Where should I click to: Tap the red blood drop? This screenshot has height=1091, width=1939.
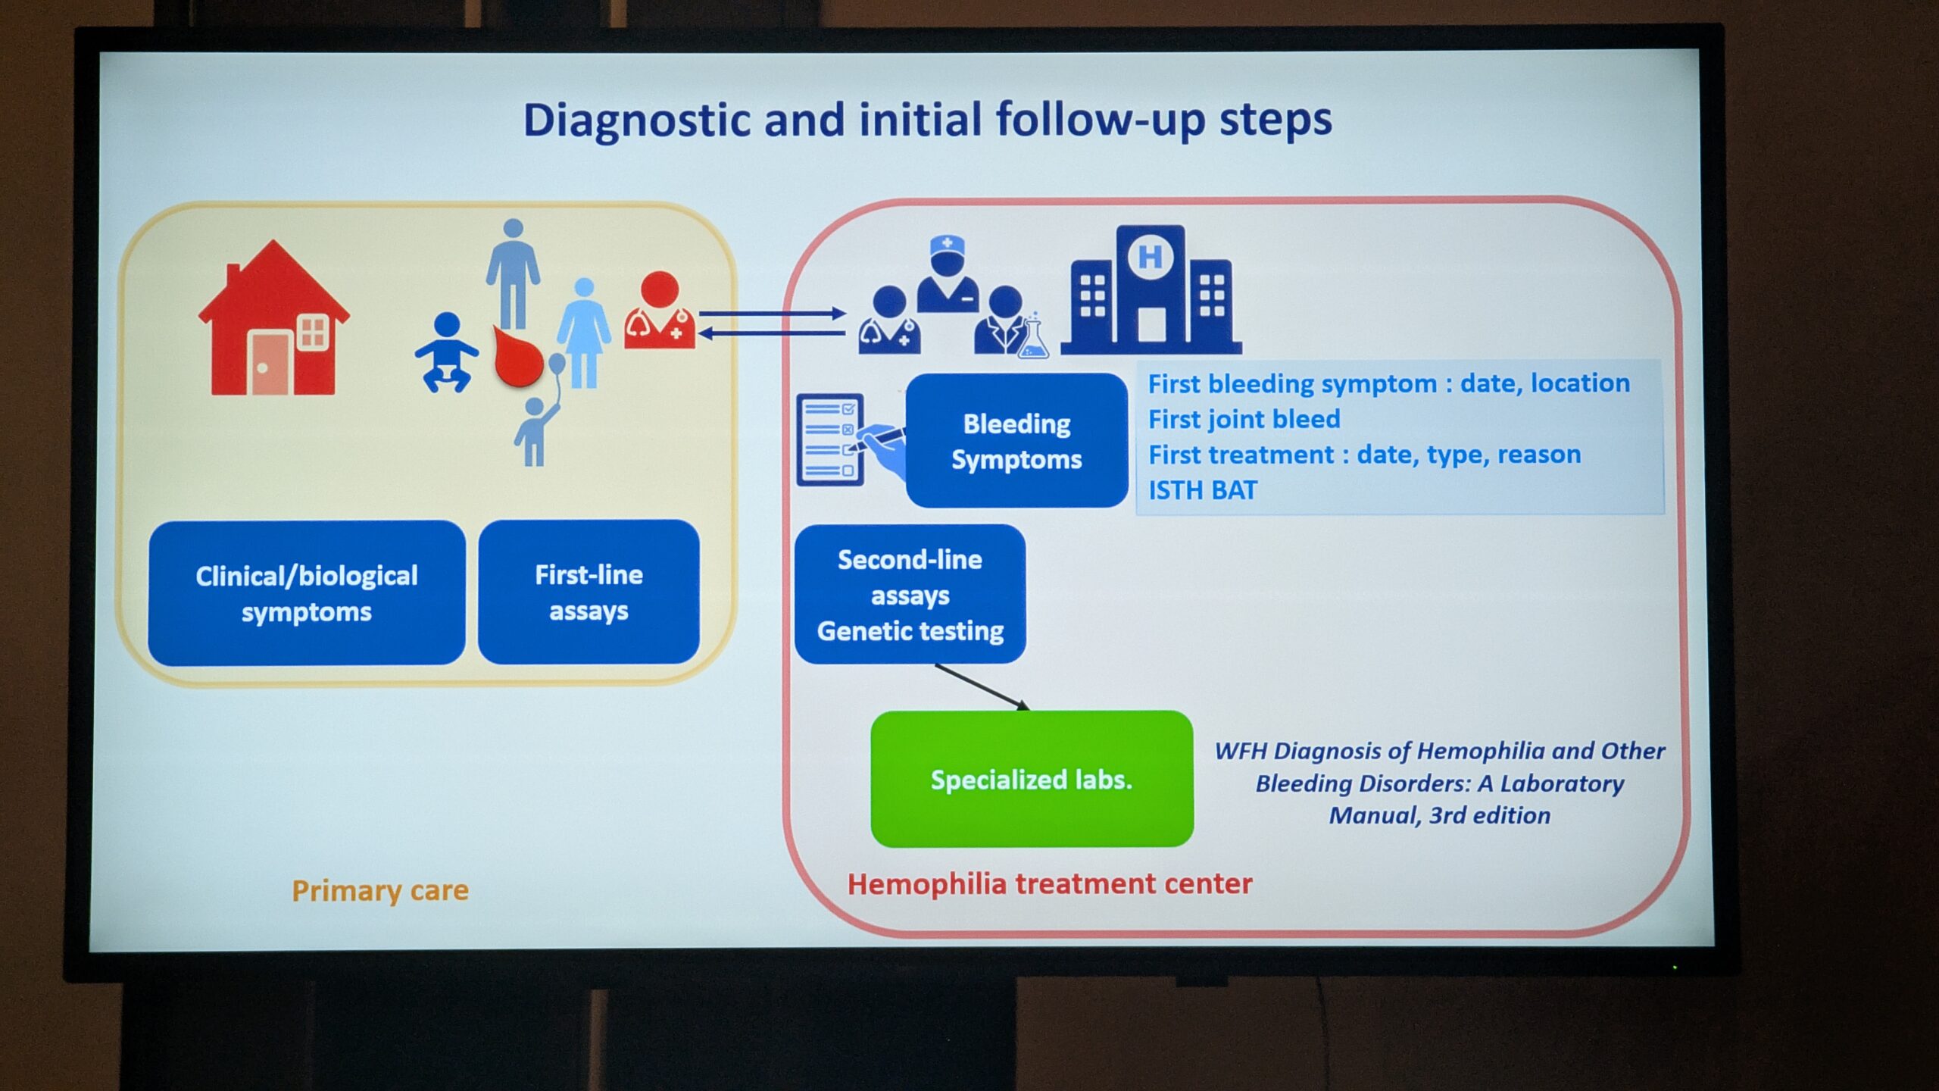518,356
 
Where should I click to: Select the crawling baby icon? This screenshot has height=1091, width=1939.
447,353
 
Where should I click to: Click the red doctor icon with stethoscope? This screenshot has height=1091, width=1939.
660,311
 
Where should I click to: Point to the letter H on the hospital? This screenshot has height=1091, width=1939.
1150,257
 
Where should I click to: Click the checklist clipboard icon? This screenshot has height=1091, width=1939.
831,439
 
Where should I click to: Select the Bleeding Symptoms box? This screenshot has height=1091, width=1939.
1016,441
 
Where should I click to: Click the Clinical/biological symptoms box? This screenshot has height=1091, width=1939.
307,593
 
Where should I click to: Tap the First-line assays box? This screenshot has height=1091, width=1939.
589,592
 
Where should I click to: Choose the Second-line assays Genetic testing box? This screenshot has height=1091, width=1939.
910,595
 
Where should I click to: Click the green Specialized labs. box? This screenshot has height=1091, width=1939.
1032,779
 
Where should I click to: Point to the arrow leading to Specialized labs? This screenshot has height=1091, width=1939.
982,687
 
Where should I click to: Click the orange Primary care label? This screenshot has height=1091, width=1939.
380,890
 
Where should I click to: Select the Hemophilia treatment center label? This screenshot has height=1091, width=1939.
1050,884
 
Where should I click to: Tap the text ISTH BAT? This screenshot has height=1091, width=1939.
1203,490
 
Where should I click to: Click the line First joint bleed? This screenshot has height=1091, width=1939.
1244,419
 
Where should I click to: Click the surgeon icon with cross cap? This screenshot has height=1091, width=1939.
947,274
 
